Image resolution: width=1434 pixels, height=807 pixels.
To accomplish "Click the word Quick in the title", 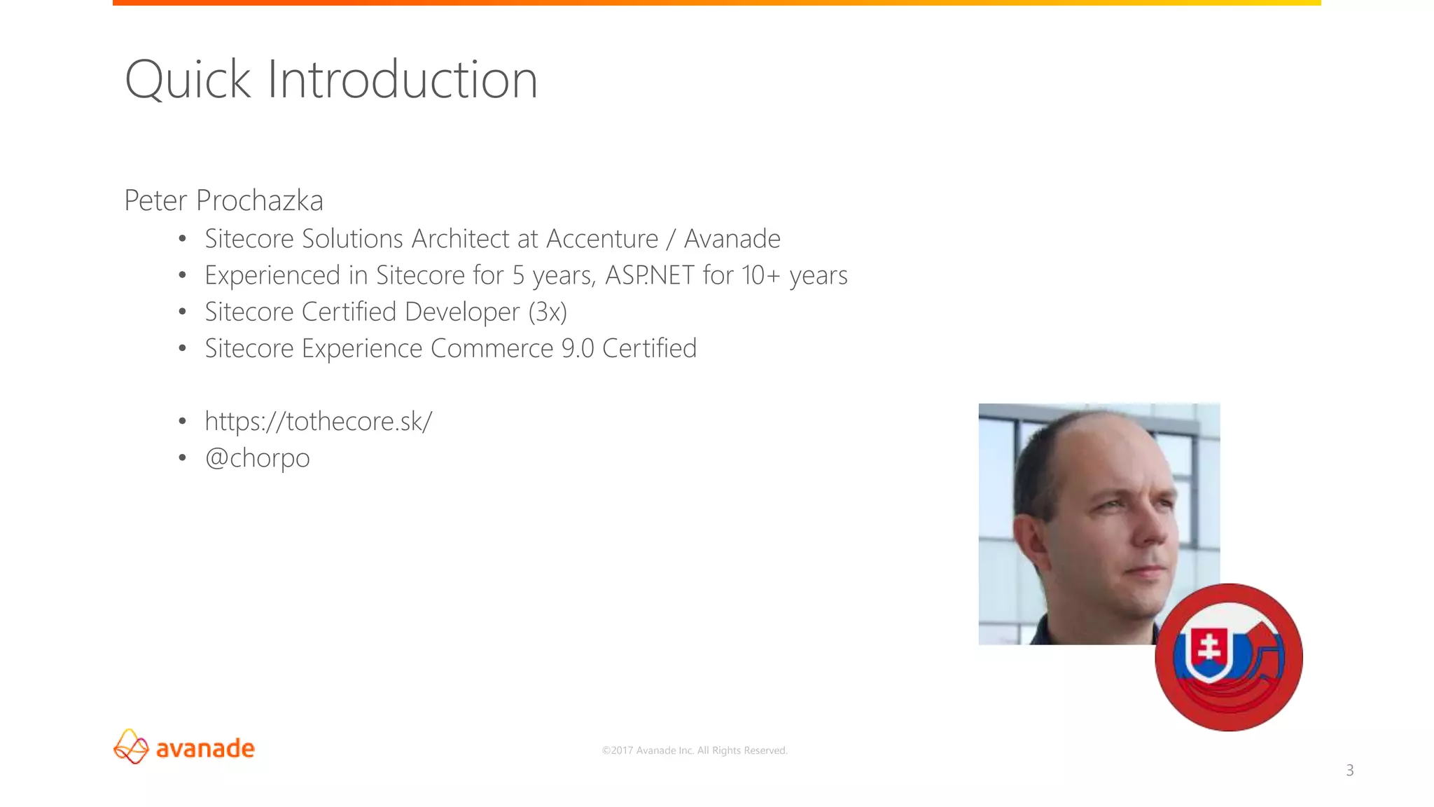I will click(187, 80).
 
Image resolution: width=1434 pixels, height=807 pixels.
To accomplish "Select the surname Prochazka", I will click(259, 200).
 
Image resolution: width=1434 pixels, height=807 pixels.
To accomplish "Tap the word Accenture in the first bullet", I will click(602, 239).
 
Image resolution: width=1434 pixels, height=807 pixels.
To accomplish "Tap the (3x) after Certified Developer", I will click(548, 312).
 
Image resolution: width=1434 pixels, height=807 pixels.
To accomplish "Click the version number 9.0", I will click(578, 348).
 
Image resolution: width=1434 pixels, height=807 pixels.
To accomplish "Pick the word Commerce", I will click(492, 348).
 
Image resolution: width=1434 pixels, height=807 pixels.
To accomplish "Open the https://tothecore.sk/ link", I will click(319, 421).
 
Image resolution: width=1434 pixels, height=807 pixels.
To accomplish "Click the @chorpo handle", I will click(257, 458).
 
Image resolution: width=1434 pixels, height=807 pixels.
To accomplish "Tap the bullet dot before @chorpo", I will click(182, 458).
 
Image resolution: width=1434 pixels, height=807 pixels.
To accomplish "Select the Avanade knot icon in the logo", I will click(131, 747).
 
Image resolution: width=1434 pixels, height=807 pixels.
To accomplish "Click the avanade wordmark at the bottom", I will click(205, 748).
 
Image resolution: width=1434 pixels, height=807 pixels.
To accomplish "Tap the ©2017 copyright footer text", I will click(695, 750).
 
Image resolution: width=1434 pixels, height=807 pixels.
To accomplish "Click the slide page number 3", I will click(1350, 771).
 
